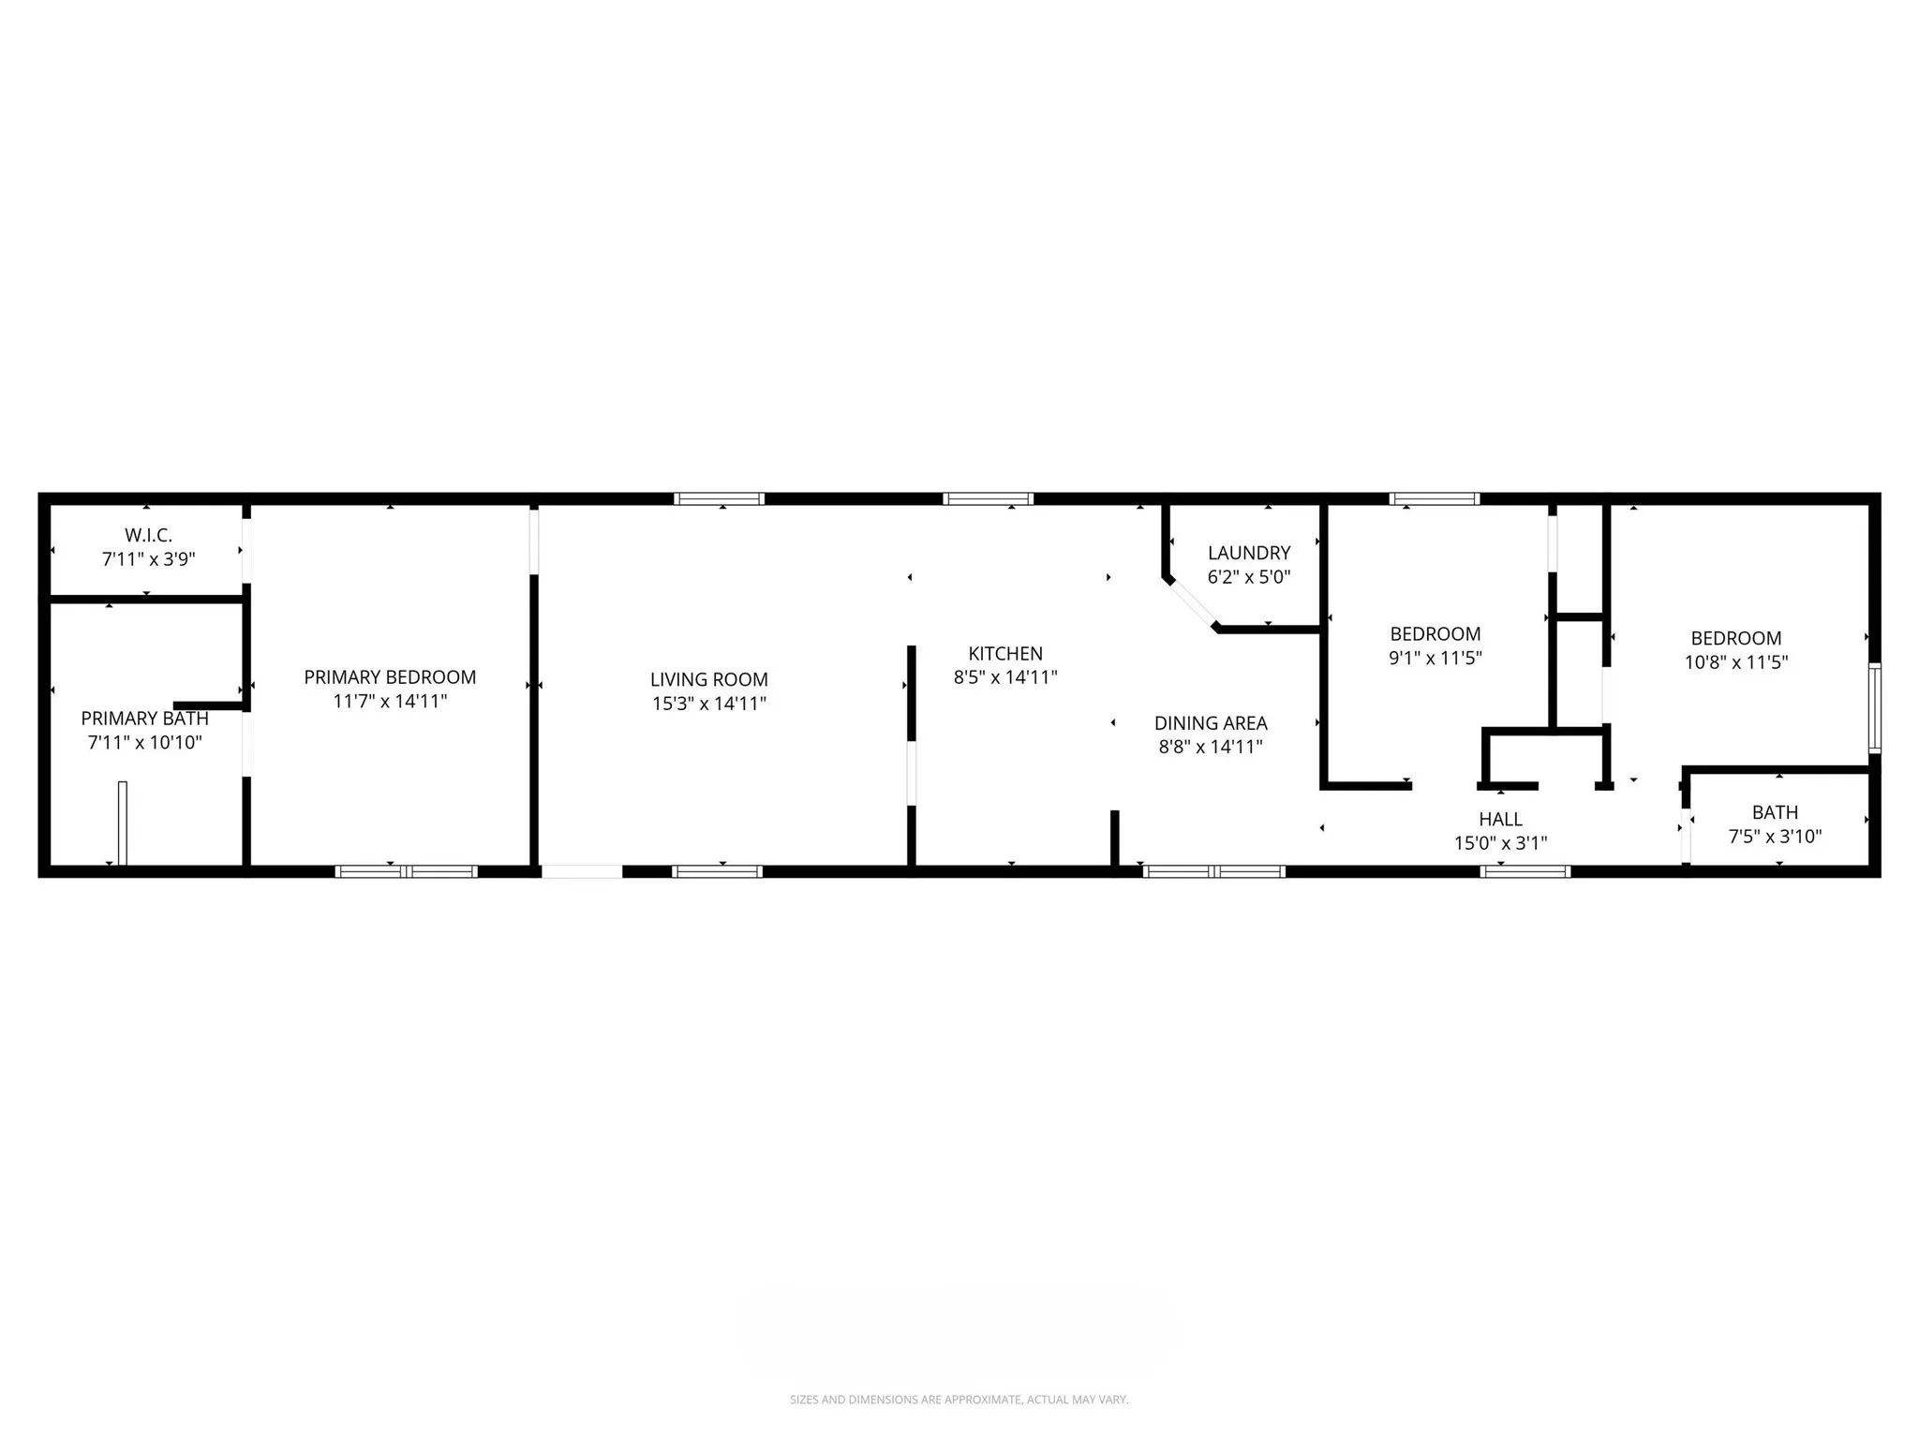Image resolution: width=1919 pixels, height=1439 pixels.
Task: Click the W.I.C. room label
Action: pos(148,535)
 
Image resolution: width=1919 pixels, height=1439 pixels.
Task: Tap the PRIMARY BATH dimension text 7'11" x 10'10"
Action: pos(144,743)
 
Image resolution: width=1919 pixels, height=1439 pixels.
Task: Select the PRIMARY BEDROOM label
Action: pos(390,676)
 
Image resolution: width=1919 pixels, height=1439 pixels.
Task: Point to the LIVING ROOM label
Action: pos(708,679)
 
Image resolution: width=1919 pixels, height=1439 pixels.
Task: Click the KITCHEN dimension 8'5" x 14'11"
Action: pos(1005,677)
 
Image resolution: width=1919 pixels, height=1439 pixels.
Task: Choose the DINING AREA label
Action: pos(1210,722)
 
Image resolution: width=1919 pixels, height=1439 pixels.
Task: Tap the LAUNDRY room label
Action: pos(1248,553)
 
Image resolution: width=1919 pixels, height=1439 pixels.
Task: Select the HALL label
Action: pos(1500,819)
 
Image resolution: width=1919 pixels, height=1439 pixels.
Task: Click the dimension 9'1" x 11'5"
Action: pos(1435,658)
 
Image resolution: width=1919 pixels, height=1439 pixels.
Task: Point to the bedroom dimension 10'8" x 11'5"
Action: pos(1735,662)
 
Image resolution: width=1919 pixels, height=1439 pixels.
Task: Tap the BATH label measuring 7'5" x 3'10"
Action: pos(1774,812)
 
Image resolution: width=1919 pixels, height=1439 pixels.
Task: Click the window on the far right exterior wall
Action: pos(1874,707)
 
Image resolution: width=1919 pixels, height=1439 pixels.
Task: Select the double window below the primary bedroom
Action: pos(406,871)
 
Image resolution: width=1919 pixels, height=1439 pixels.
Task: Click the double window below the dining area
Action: pos(1213,871)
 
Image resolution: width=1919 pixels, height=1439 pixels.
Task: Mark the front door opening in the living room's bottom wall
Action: pos(582,871)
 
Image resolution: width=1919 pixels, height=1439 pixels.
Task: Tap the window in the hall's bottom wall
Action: pos(1525,871)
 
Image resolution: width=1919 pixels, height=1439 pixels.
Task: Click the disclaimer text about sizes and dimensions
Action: pos(959,1400)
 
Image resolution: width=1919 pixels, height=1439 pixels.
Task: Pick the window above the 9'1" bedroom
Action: pos(1434,499)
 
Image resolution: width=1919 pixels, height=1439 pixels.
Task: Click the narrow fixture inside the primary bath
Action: pos(122,822)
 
